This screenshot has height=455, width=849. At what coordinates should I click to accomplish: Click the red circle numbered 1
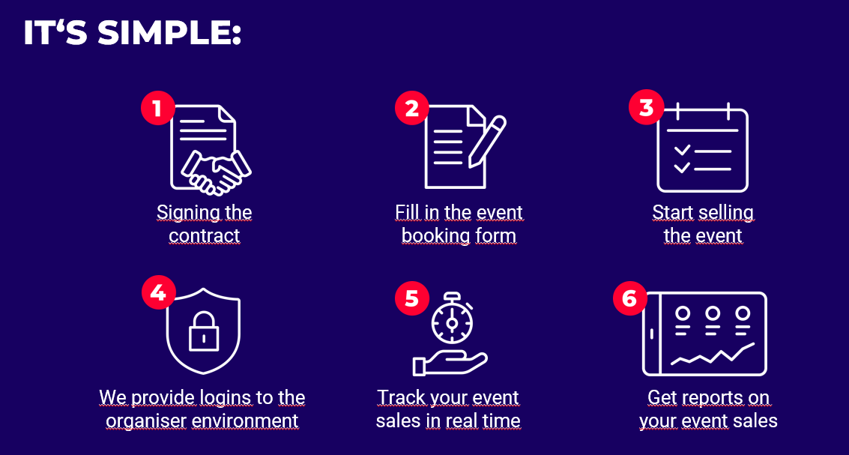point(158,109)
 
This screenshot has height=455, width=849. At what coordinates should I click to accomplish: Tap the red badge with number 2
point(412,109)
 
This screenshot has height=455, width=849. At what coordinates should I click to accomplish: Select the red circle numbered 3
point(646,107)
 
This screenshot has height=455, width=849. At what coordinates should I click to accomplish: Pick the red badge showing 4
point(159,292)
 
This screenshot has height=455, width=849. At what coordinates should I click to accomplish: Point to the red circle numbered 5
point(412,298)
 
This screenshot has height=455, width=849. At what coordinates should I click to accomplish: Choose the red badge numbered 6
point(630,298)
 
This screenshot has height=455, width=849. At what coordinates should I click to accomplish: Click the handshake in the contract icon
point(217,172)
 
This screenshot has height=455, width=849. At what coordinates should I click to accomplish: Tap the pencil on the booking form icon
point(487,141)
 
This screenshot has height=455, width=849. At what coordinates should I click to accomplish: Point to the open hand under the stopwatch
point(450,364)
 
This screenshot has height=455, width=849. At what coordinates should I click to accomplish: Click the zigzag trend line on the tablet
point(713,355)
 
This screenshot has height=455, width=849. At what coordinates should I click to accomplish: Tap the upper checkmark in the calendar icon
point(682,149)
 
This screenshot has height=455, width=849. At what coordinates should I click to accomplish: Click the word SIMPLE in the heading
point(168,34)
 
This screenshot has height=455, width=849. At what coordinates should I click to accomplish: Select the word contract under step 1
point(204,236)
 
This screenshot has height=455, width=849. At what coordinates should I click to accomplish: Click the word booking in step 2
point(429,237)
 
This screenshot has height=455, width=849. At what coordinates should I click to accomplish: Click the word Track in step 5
point(400,397)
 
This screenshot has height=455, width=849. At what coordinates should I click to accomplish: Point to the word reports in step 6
point(711,398)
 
